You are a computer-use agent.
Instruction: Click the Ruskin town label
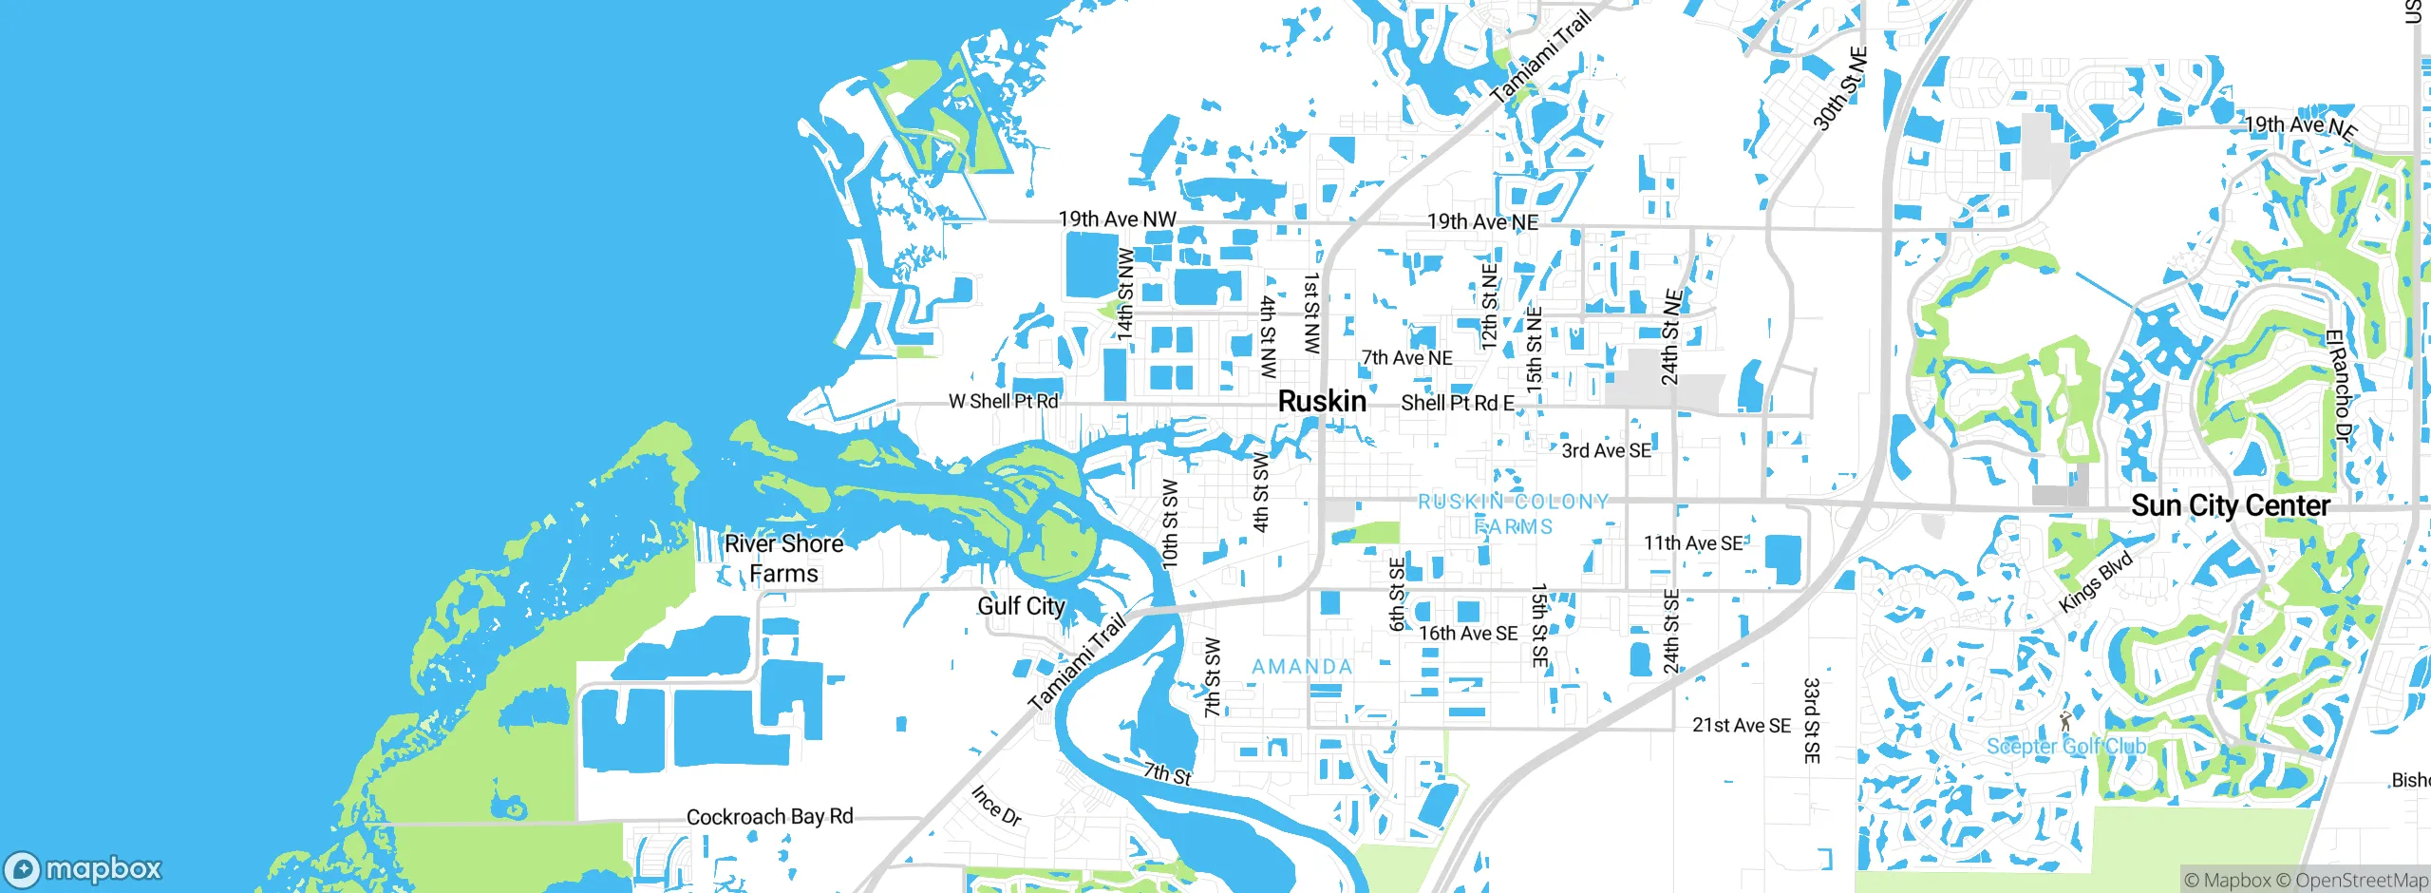tap(1322, 402)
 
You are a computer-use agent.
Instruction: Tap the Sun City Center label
tap(2230, 505)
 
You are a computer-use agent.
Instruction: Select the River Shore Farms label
tap(783, 559)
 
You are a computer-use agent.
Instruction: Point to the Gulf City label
tap(1021, 606)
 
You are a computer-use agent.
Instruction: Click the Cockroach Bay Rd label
tap(769, 817)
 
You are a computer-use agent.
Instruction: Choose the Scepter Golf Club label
tap(2065, 747)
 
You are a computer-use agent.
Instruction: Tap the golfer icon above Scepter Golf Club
tap(2064, 721)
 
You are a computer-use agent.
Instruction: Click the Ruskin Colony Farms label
tap(1514, 514)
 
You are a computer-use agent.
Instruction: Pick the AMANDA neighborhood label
tap(1302, 667)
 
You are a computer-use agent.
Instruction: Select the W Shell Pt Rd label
tap(1003, 402)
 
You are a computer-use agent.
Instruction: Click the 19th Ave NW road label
tap(1117, 219)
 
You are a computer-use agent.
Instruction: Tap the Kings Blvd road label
tap(2096, 582)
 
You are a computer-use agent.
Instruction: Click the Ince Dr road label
tap(996, 806)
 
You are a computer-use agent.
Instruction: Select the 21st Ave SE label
tap(1741, 726)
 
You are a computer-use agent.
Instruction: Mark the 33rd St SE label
tap(1812, 720)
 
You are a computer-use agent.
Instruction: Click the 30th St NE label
tap(1839, 88)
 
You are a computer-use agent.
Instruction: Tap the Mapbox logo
tap(84, 869)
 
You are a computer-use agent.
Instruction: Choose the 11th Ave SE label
tap(1693, 543)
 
